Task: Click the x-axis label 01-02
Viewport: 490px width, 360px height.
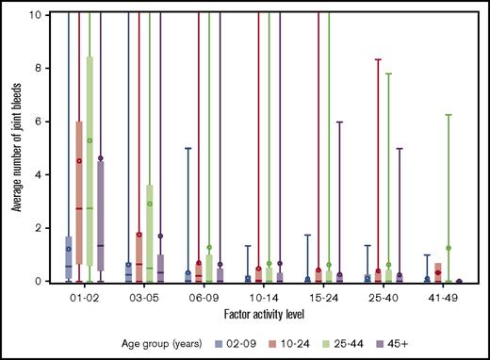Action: (x=86, y=297)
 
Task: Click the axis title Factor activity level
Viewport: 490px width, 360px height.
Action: (x=264, y=312)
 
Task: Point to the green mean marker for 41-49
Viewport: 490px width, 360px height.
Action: (x=449, y=248)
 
